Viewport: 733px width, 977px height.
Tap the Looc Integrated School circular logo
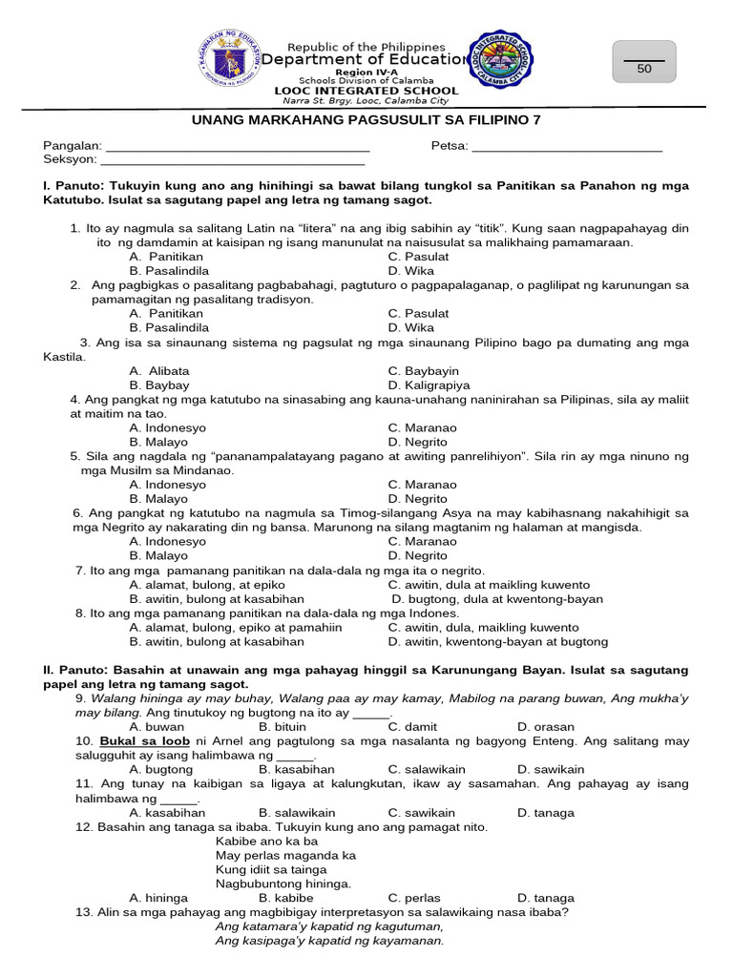[x=502, y=61]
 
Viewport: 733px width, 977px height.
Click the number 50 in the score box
[x=644, y=69]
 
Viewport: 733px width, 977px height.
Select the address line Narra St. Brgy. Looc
[x=361, y=101]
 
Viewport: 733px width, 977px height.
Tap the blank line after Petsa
[x=567, y=146]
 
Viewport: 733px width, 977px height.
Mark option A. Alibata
[x=159, y=371]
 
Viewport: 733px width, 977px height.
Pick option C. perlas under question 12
[x=414, y=898]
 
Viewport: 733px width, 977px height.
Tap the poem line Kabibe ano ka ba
[x=266, y=842]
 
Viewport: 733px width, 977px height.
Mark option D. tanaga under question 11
[x=546, y=813]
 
